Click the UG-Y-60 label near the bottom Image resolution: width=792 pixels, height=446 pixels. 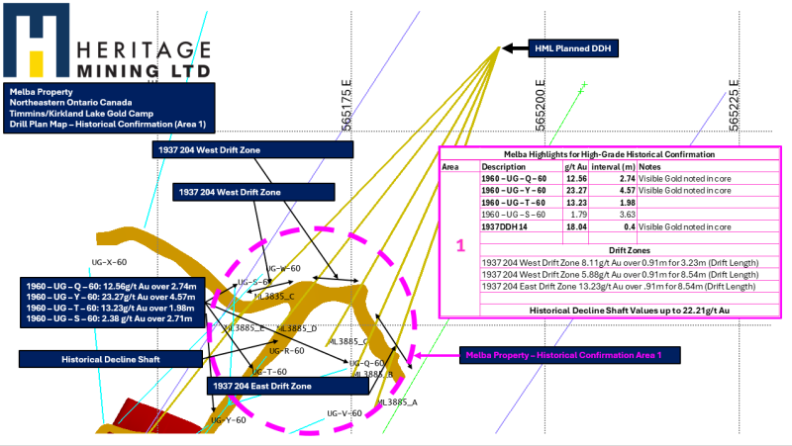(x=229, y=420)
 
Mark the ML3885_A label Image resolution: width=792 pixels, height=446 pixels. (x=399, y=402)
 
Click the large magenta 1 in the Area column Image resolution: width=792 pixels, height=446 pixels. (x=458, y=244)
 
